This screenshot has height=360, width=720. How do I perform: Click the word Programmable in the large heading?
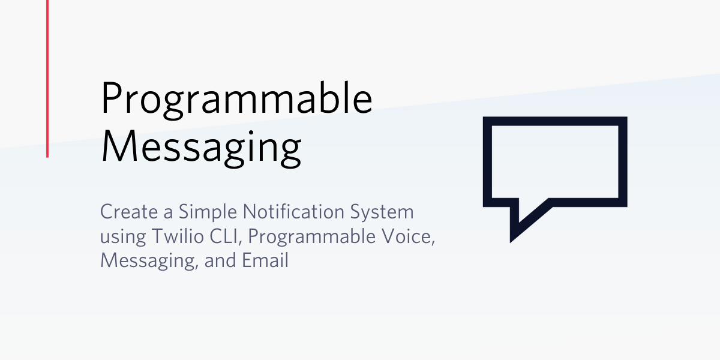pyautogui.click(x=237, y=100)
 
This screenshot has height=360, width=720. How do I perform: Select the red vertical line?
pyautogui.click(x=47, y=79)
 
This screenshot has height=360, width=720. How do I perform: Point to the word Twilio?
pyautogui.click(x=178, y=236)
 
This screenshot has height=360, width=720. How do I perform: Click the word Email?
pyautogui.click(x=265, y=260)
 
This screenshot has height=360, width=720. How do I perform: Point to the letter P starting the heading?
pyautogui.click(x=112, y=98)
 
